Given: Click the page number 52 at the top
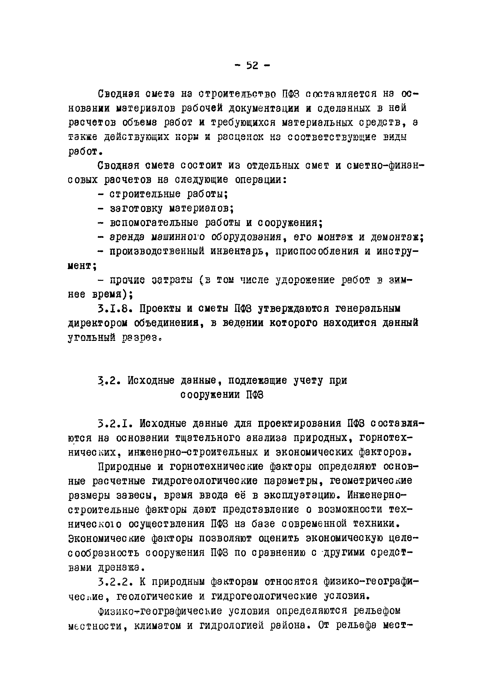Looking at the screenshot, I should click(253, 65).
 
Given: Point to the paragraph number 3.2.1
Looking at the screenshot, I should click(115, 424).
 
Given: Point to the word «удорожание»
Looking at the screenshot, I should click(305, 280).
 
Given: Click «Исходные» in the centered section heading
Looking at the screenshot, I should click(151, 381).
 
